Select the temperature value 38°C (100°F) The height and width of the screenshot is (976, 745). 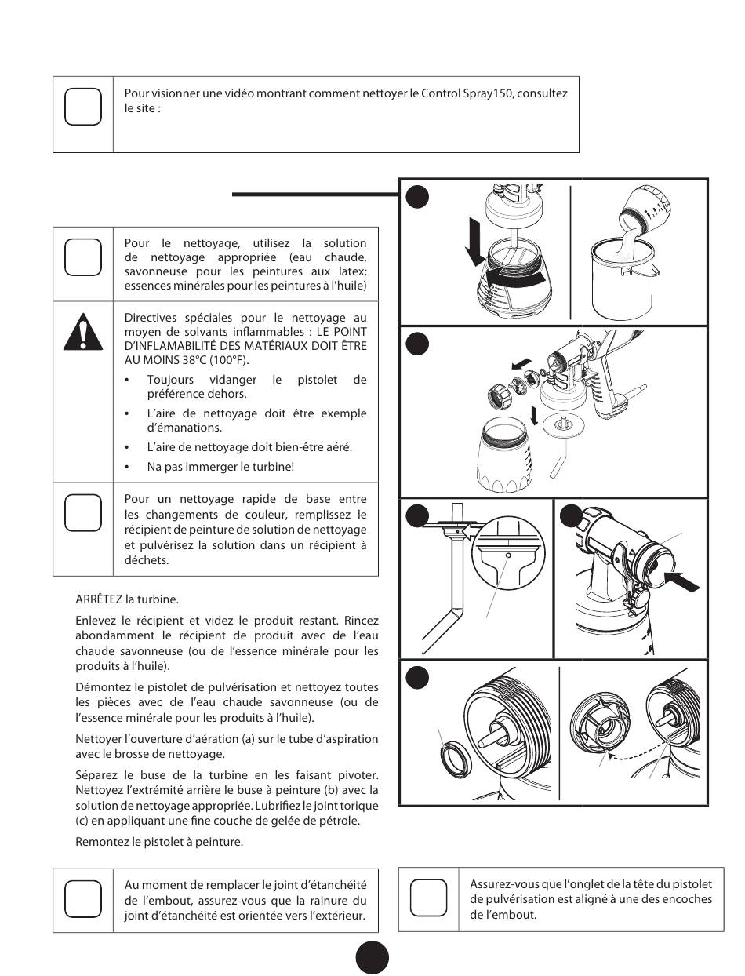[195, 360]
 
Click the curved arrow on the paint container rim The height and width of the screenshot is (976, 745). [513, 278]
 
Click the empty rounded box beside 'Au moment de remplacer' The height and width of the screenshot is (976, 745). [82, 898]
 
